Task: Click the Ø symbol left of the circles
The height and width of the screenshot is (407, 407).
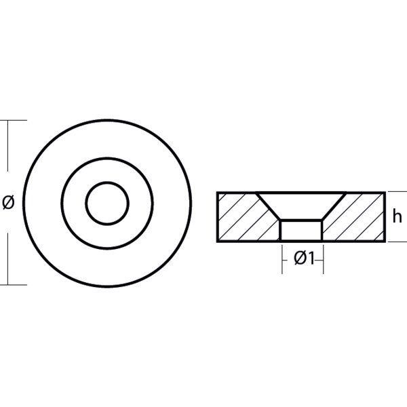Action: tap(8, 203)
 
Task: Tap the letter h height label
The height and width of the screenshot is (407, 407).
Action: tap(397, 216)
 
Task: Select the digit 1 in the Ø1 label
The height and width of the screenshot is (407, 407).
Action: tap(311, 259)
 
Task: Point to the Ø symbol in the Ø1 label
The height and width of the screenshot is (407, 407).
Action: tap(301, 259)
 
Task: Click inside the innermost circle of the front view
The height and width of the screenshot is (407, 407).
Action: tap(107, 203)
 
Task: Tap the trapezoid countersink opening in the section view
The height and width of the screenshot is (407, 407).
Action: tap(301, 206)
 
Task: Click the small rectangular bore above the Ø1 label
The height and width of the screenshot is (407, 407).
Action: tap(301, 230)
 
